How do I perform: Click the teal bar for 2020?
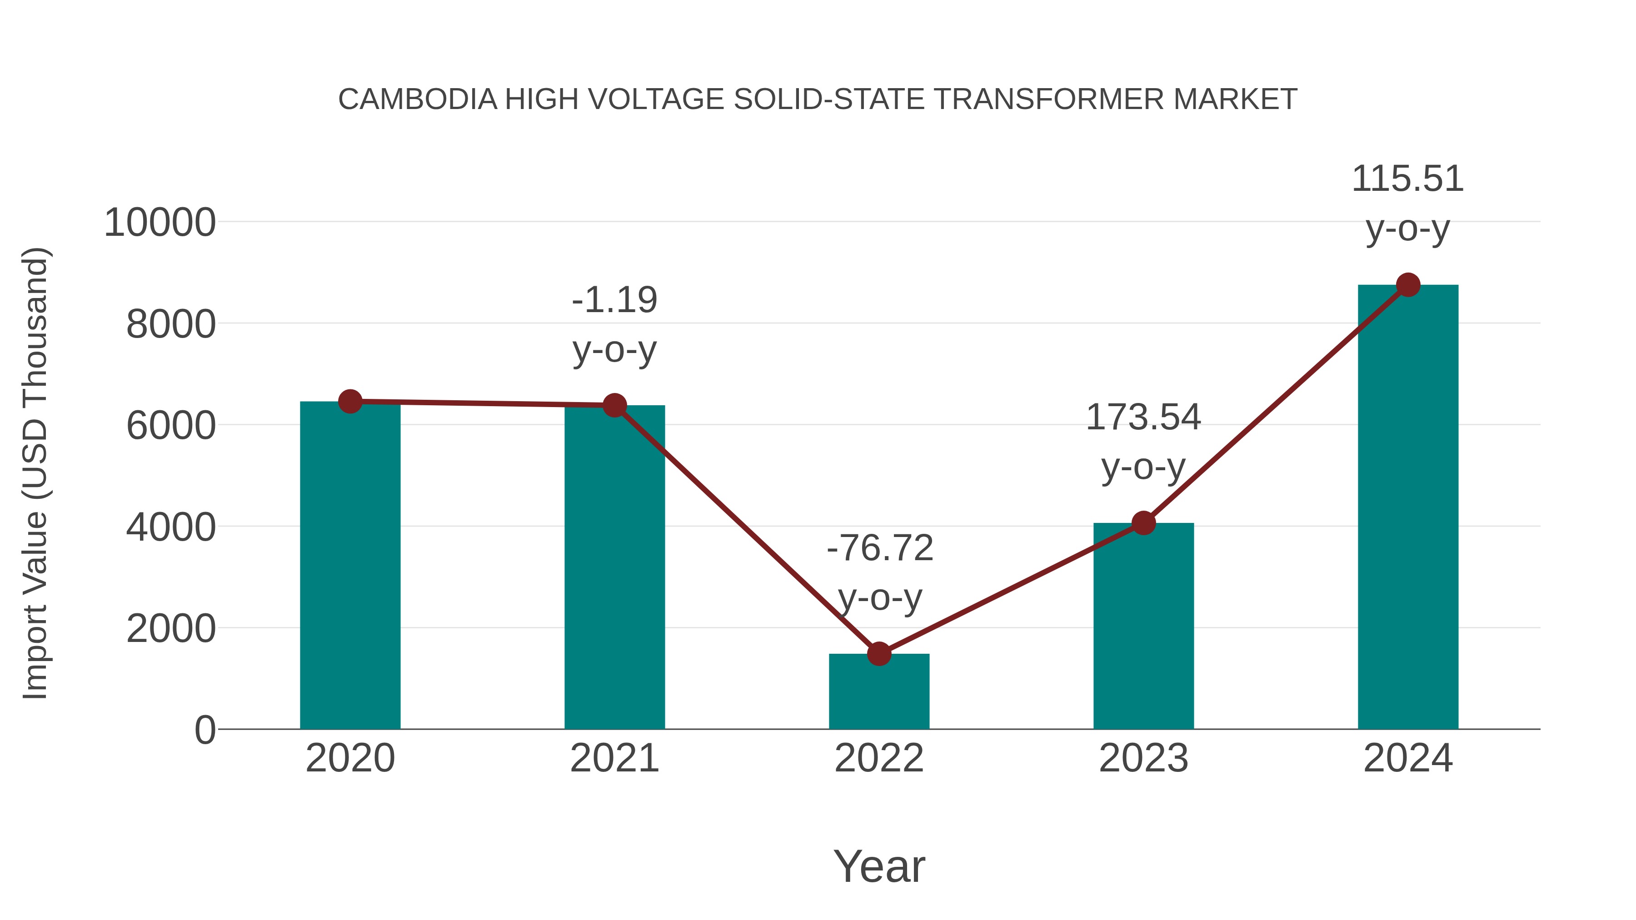pos(350,565)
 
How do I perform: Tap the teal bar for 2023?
pos(1143,626)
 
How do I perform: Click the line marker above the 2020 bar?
pos(350,401)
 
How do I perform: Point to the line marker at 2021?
pos(614,405)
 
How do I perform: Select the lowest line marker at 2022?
pos(879,653)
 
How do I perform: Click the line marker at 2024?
pos(1408,285)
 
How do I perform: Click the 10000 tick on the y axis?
pos(160,223)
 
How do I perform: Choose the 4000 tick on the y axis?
pos(171,527)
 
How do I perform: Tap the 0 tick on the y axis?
pos(204,730)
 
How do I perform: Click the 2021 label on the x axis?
pos(614,758)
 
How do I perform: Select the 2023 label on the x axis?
pos(1143,758)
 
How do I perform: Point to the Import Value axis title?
pos(35,473)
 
